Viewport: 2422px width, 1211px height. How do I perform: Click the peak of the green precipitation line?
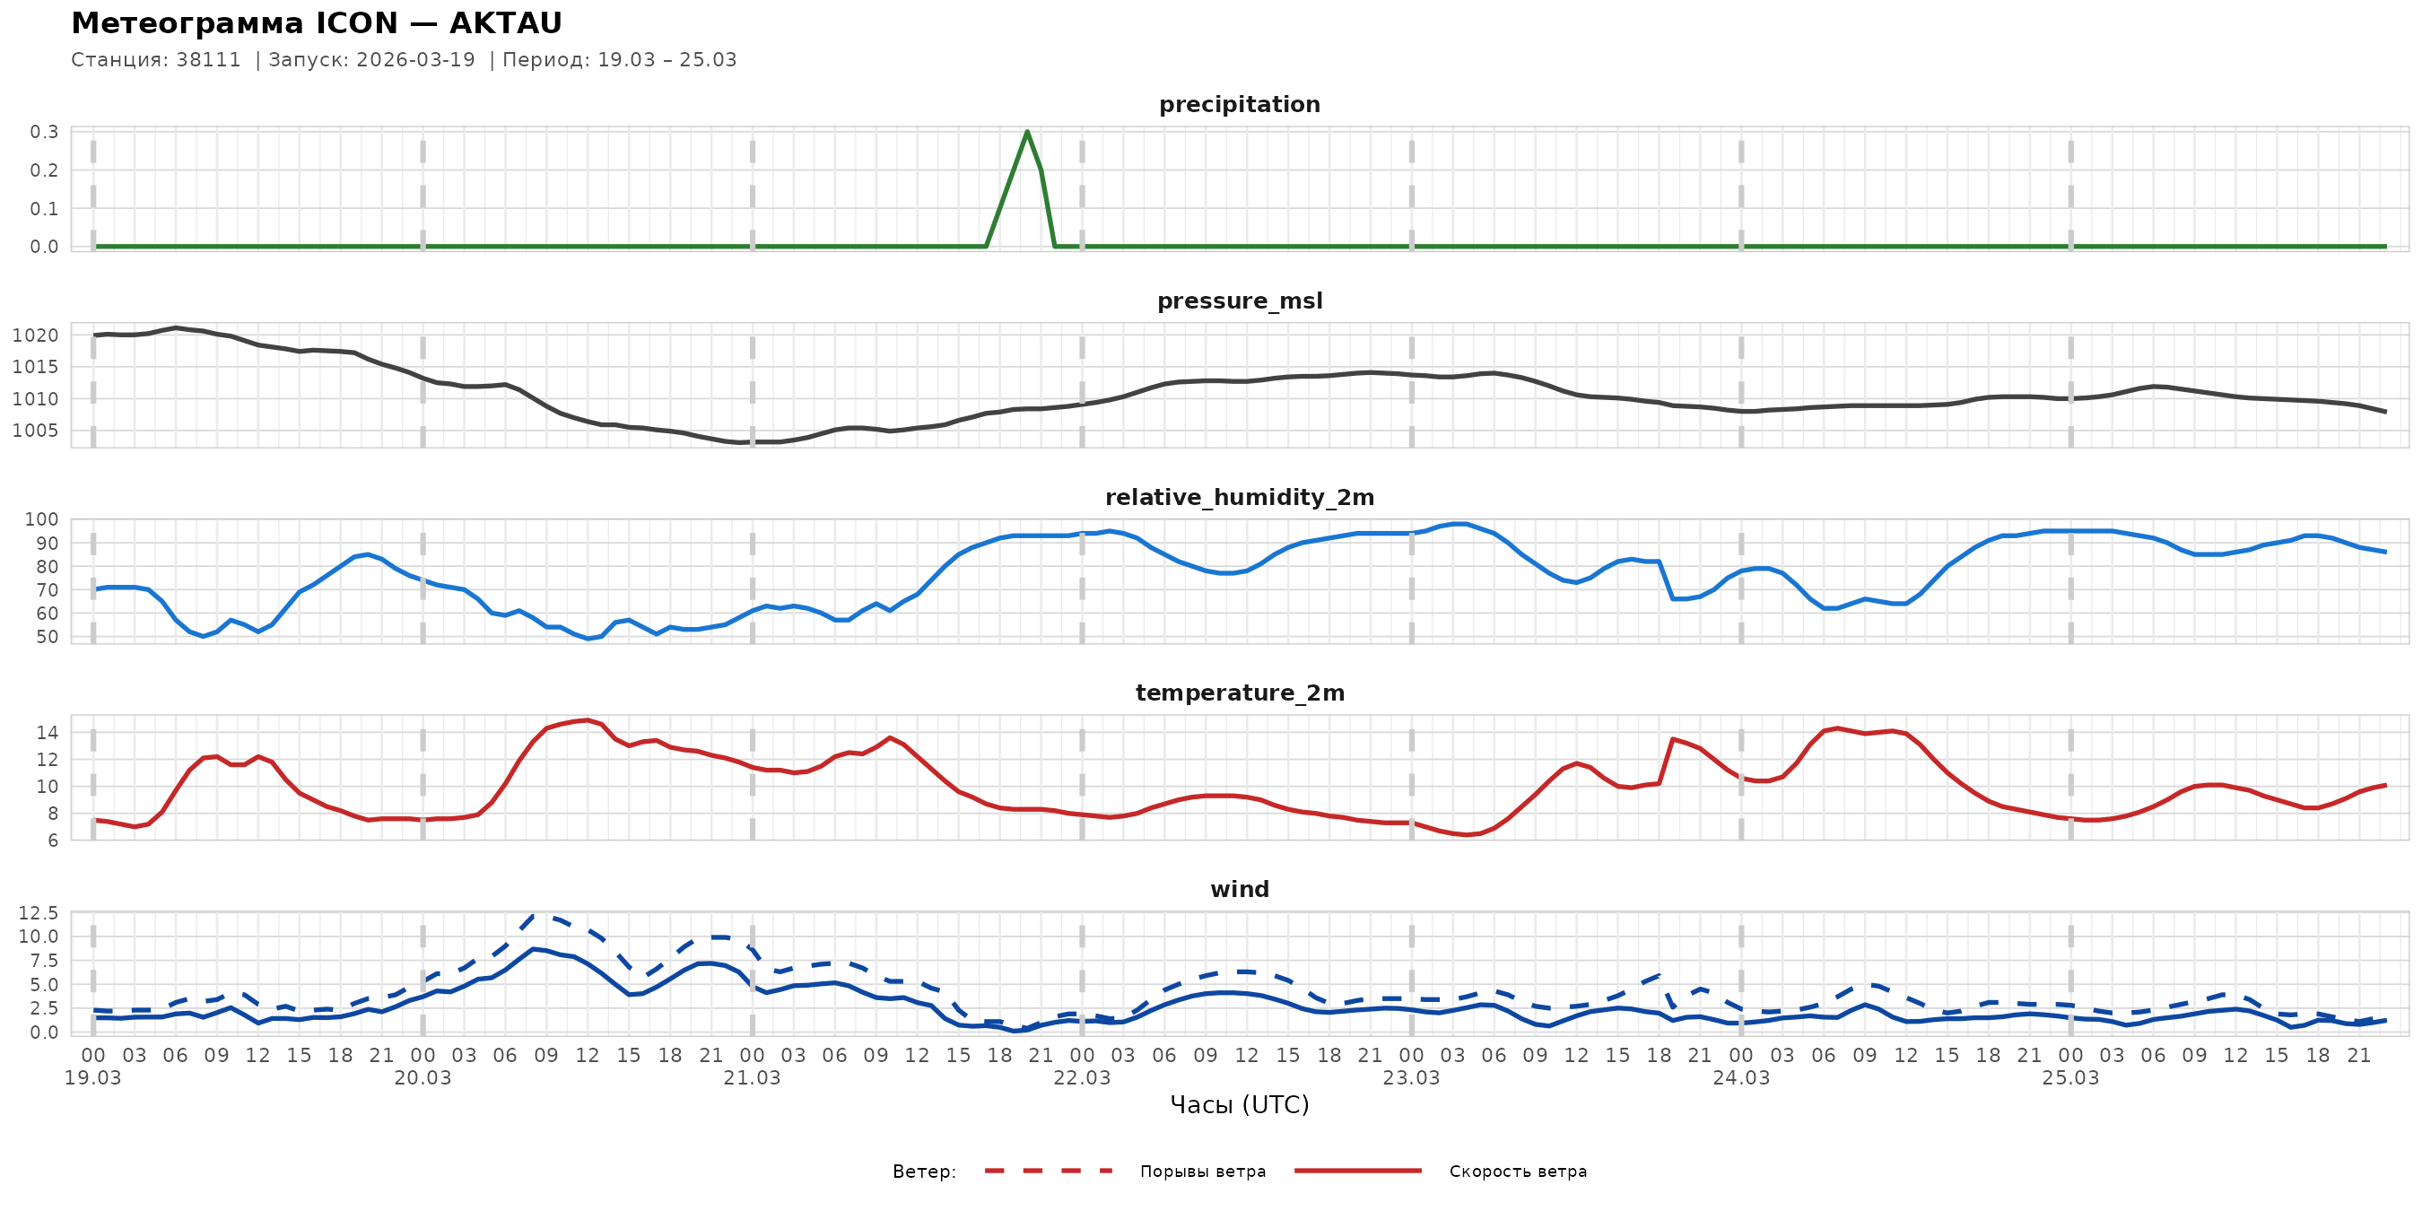(x=1027, y=132)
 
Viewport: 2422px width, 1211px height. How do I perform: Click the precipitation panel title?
(x=1239, y=104)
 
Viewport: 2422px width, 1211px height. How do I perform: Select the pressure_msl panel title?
(x=1239, y=301)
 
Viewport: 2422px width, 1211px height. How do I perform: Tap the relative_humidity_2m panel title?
(x=1239, y=497)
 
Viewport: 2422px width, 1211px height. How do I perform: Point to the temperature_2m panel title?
(x=1239, y=693)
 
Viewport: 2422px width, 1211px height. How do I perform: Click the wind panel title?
(x=1239, y=890)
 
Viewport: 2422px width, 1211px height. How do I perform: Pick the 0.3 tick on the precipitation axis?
(x=44, y=132)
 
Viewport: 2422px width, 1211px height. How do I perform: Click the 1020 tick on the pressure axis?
(x=36, y=335)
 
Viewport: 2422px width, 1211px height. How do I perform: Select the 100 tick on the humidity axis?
(x=41, y=520)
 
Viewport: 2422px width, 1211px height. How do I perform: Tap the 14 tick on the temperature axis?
(x=47, y=732)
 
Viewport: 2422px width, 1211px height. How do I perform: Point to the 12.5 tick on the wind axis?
(x=39, y=913)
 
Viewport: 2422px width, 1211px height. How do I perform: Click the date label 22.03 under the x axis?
(x=1081, y=1078)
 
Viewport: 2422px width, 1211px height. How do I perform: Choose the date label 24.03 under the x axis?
(x=1740, y=1078)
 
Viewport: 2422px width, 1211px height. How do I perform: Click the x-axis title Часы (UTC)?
(x=1239, y=1105)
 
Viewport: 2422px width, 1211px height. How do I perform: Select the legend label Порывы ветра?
(x=1203, y=1172)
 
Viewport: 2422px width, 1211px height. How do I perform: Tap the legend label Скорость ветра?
(x=1518, y=1172)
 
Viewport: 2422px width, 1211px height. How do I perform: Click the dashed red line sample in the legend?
(x=1049, y=1172)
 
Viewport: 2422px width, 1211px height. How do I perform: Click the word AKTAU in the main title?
(x=506, y=23)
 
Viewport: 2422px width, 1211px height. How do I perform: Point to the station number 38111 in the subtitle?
(x=209, y=60)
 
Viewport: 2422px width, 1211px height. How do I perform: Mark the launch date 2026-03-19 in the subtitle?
(x=415, y=60)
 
